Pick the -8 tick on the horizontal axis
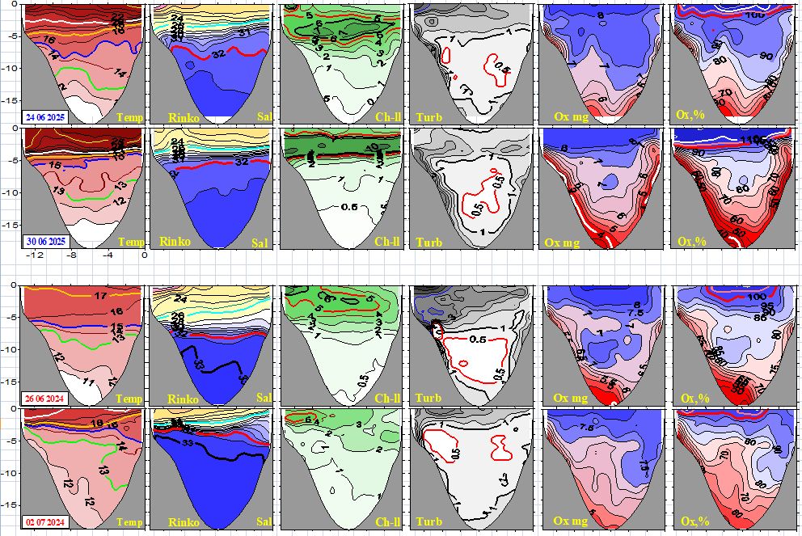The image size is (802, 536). click(x=70, y=255)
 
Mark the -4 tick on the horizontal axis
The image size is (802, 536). click(x=107, y=255)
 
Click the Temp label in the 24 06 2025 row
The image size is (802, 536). click(x=129, y=117)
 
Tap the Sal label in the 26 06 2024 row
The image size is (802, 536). click(x=260, y=399)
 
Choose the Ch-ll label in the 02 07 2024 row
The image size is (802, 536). click(x=389, y=522)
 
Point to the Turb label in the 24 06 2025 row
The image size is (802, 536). click(x=428, y=117)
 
